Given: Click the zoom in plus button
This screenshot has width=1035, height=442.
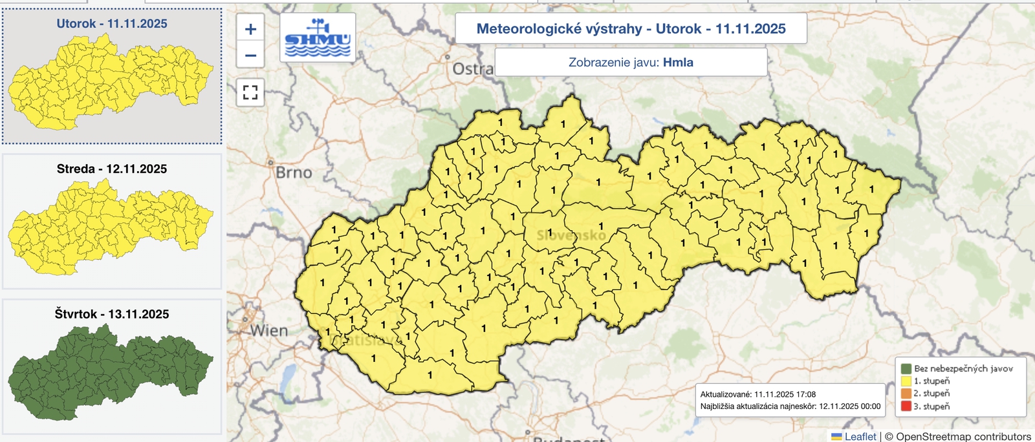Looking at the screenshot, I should (x=250, y=29).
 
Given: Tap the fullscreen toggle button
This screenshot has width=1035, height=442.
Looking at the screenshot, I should (x=250, y=92).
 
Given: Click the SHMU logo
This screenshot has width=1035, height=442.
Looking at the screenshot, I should (x=318, y=38).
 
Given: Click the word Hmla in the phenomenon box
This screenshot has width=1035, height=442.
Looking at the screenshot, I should (x=678, y=63).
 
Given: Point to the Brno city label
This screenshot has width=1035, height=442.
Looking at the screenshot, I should (x=294, y=173).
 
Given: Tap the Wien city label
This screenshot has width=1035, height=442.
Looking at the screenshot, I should (x=269, y=331).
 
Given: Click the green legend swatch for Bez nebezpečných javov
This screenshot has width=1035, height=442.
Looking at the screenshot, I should (x=906, y=368).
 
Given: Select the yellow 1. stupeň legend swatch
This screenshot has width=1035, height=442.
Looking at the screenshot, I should (x=906, y=381).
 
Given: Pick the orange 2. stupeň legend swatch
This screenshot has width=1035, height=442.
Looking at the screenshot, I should (x=906, y=394).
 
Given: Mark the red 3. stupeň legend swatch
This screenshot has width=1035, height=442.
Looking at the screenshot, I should (x=906, y=406).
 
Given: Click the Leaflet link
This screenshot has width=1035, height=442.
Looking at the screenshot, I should (x=860, y=437).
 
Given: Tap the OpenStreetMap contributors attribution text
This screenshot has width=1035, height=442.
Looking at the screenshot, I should (x=963, y=437).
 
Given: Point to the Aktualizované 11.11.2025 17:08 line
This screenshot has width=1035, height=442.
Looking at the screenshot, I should (x=757, y=394).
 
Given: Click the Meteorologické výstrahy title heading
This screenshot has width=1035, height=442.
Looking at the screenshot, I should (x=631, y=28).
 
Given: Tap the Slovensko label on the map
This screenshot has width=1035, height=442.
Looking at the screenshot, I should (x=571, y=235).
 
